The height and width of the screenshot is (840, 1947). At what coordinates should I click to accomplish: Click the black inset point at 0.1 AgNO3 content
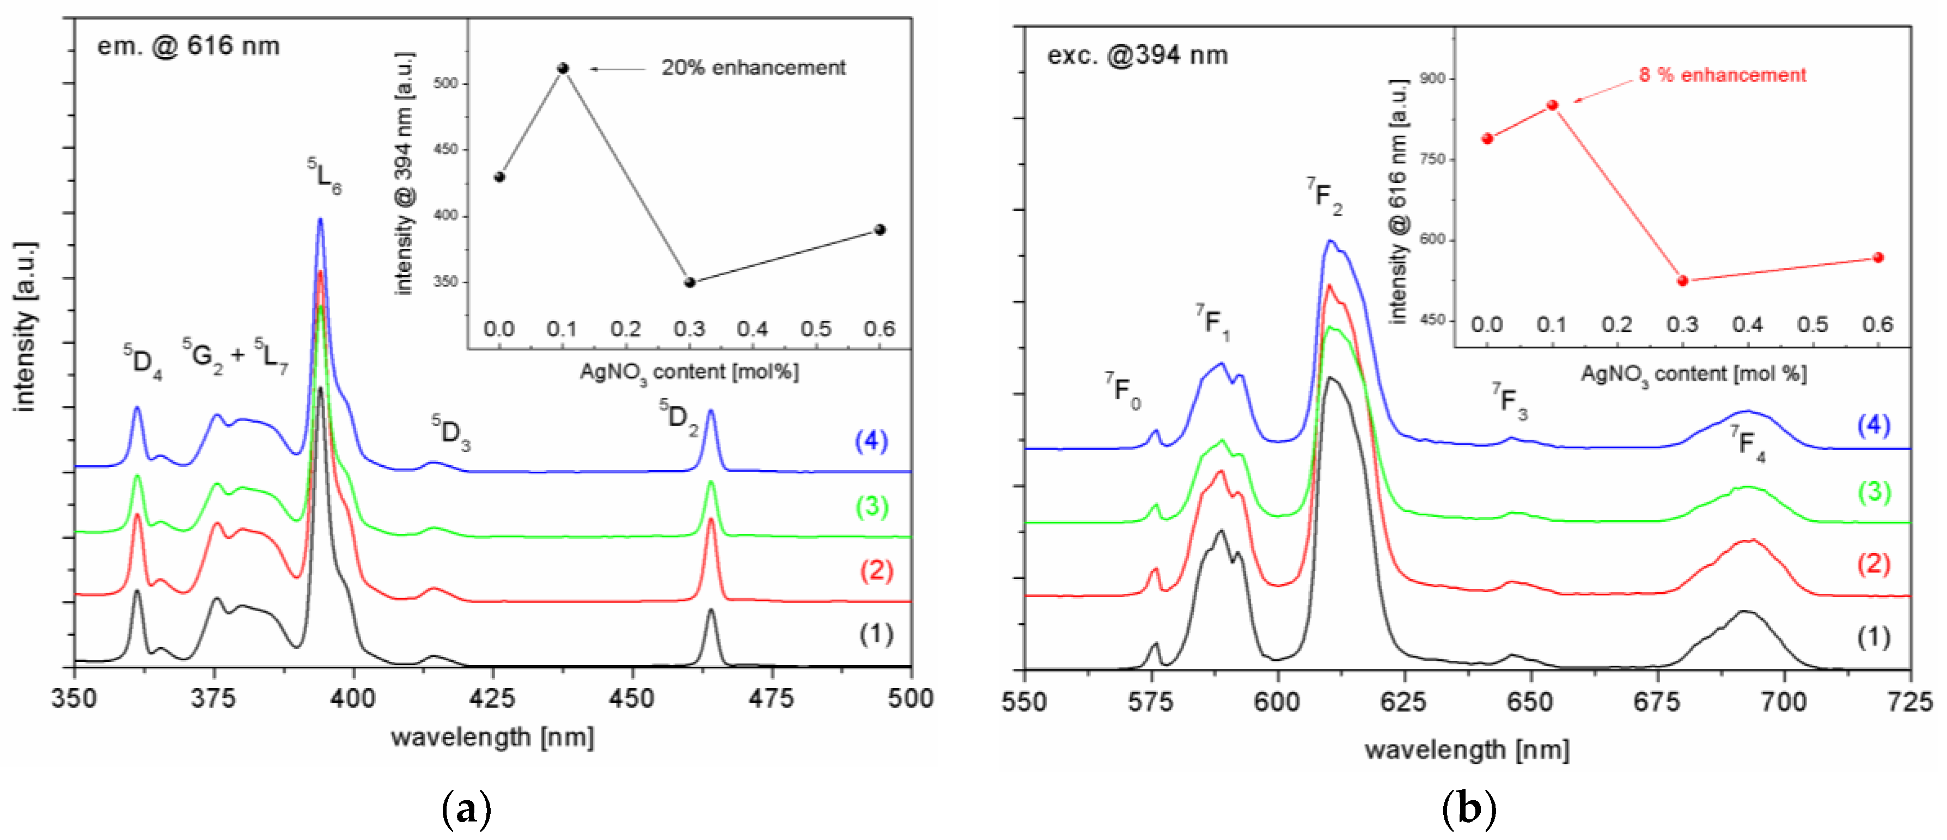[x=563, y=69]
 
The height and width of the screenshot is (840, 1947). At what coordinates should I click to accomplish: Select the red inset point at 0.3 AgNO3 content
[x=1682, y=281]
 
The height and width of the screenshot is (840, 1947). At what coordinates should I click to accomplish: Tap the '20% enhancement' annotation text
[x=754, y=68]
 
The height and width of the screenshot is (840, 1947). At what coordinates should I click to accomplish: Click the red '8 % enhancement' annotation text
[x=1723, y=75]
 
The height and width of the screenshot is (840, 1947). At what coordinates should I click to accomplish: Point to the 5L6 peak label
[x=324, y=176]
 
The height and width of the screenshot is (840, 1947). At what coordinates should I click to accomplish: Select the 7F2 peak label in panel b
[x=1325, y=196]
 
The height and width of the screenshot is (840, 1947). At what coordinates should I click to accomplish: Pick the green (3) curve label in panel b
[x=1875, y=492]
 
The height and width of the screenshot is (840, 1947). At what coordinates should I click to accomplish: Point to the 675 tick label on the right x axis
[x=1657, y=702]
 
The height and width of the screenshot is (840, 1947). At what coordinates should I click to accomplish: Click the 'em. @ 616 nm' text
[x=188, y=46]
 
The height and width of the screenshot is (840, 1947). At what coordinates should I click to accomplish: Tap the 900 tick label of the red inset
[x=1432, y=78]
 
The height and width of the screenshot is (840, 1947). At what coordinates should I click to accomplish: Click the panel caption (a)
[x=466, y=809]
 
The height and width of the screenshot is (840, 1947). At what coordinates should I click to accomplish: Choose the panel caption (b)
[x=1469, y=809]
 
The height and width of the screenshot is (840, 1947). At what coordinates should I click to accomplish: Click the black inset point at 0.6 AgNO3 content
[x=880, y=230]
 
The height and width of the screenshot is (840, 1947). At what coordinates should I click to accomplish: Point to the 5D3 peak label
[x=451, y=433]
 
